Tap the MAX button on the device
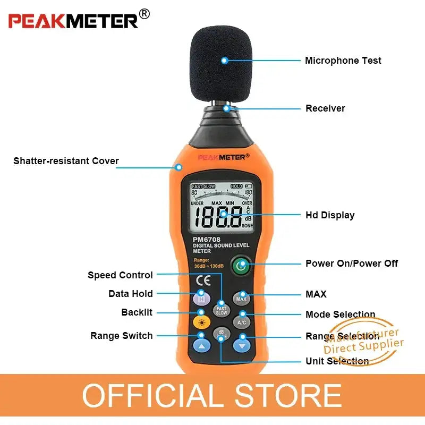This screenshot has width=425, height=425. pyautogui.click(x=242, y=299)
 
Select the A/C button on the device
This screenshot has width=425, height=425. pyautogui.click(x=242, y=322)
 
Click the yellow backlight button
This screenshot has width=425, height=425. pyautogui.click(x=201, y=322)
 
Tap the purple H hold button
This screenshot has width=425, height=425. pyautogui.click(x=201, y=299)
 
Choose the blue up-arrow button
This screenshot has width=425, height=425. pyautogui.click(x=201, y=345)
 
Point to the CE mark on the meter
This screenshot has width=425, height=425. pyautogui.click(x=203, y=280)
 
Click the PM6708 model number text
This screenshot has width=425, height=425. pyautogui.click(x=206, y=239)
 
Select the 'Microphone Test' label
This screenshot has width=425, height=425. pyautogui.click(x=343, y=61)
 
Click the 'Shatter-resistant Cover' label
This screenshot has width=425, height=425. pyautogui.click(x=66, y=161)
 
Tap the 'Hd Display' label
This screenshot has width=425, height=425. pyautogui.click(x=330, y=215)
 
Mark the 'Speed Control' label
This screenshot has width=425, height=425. pyautogui.click(x=120, y=275)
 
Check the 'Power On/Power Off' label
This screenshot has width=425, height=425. pyautogui.click(x=351, y=263)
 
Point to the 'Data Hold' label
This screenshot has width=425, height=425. pyautogui.click(x=130, y=294)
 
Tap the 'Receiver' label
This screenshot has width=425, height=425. pyautogui.click(x=325, y=108)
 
